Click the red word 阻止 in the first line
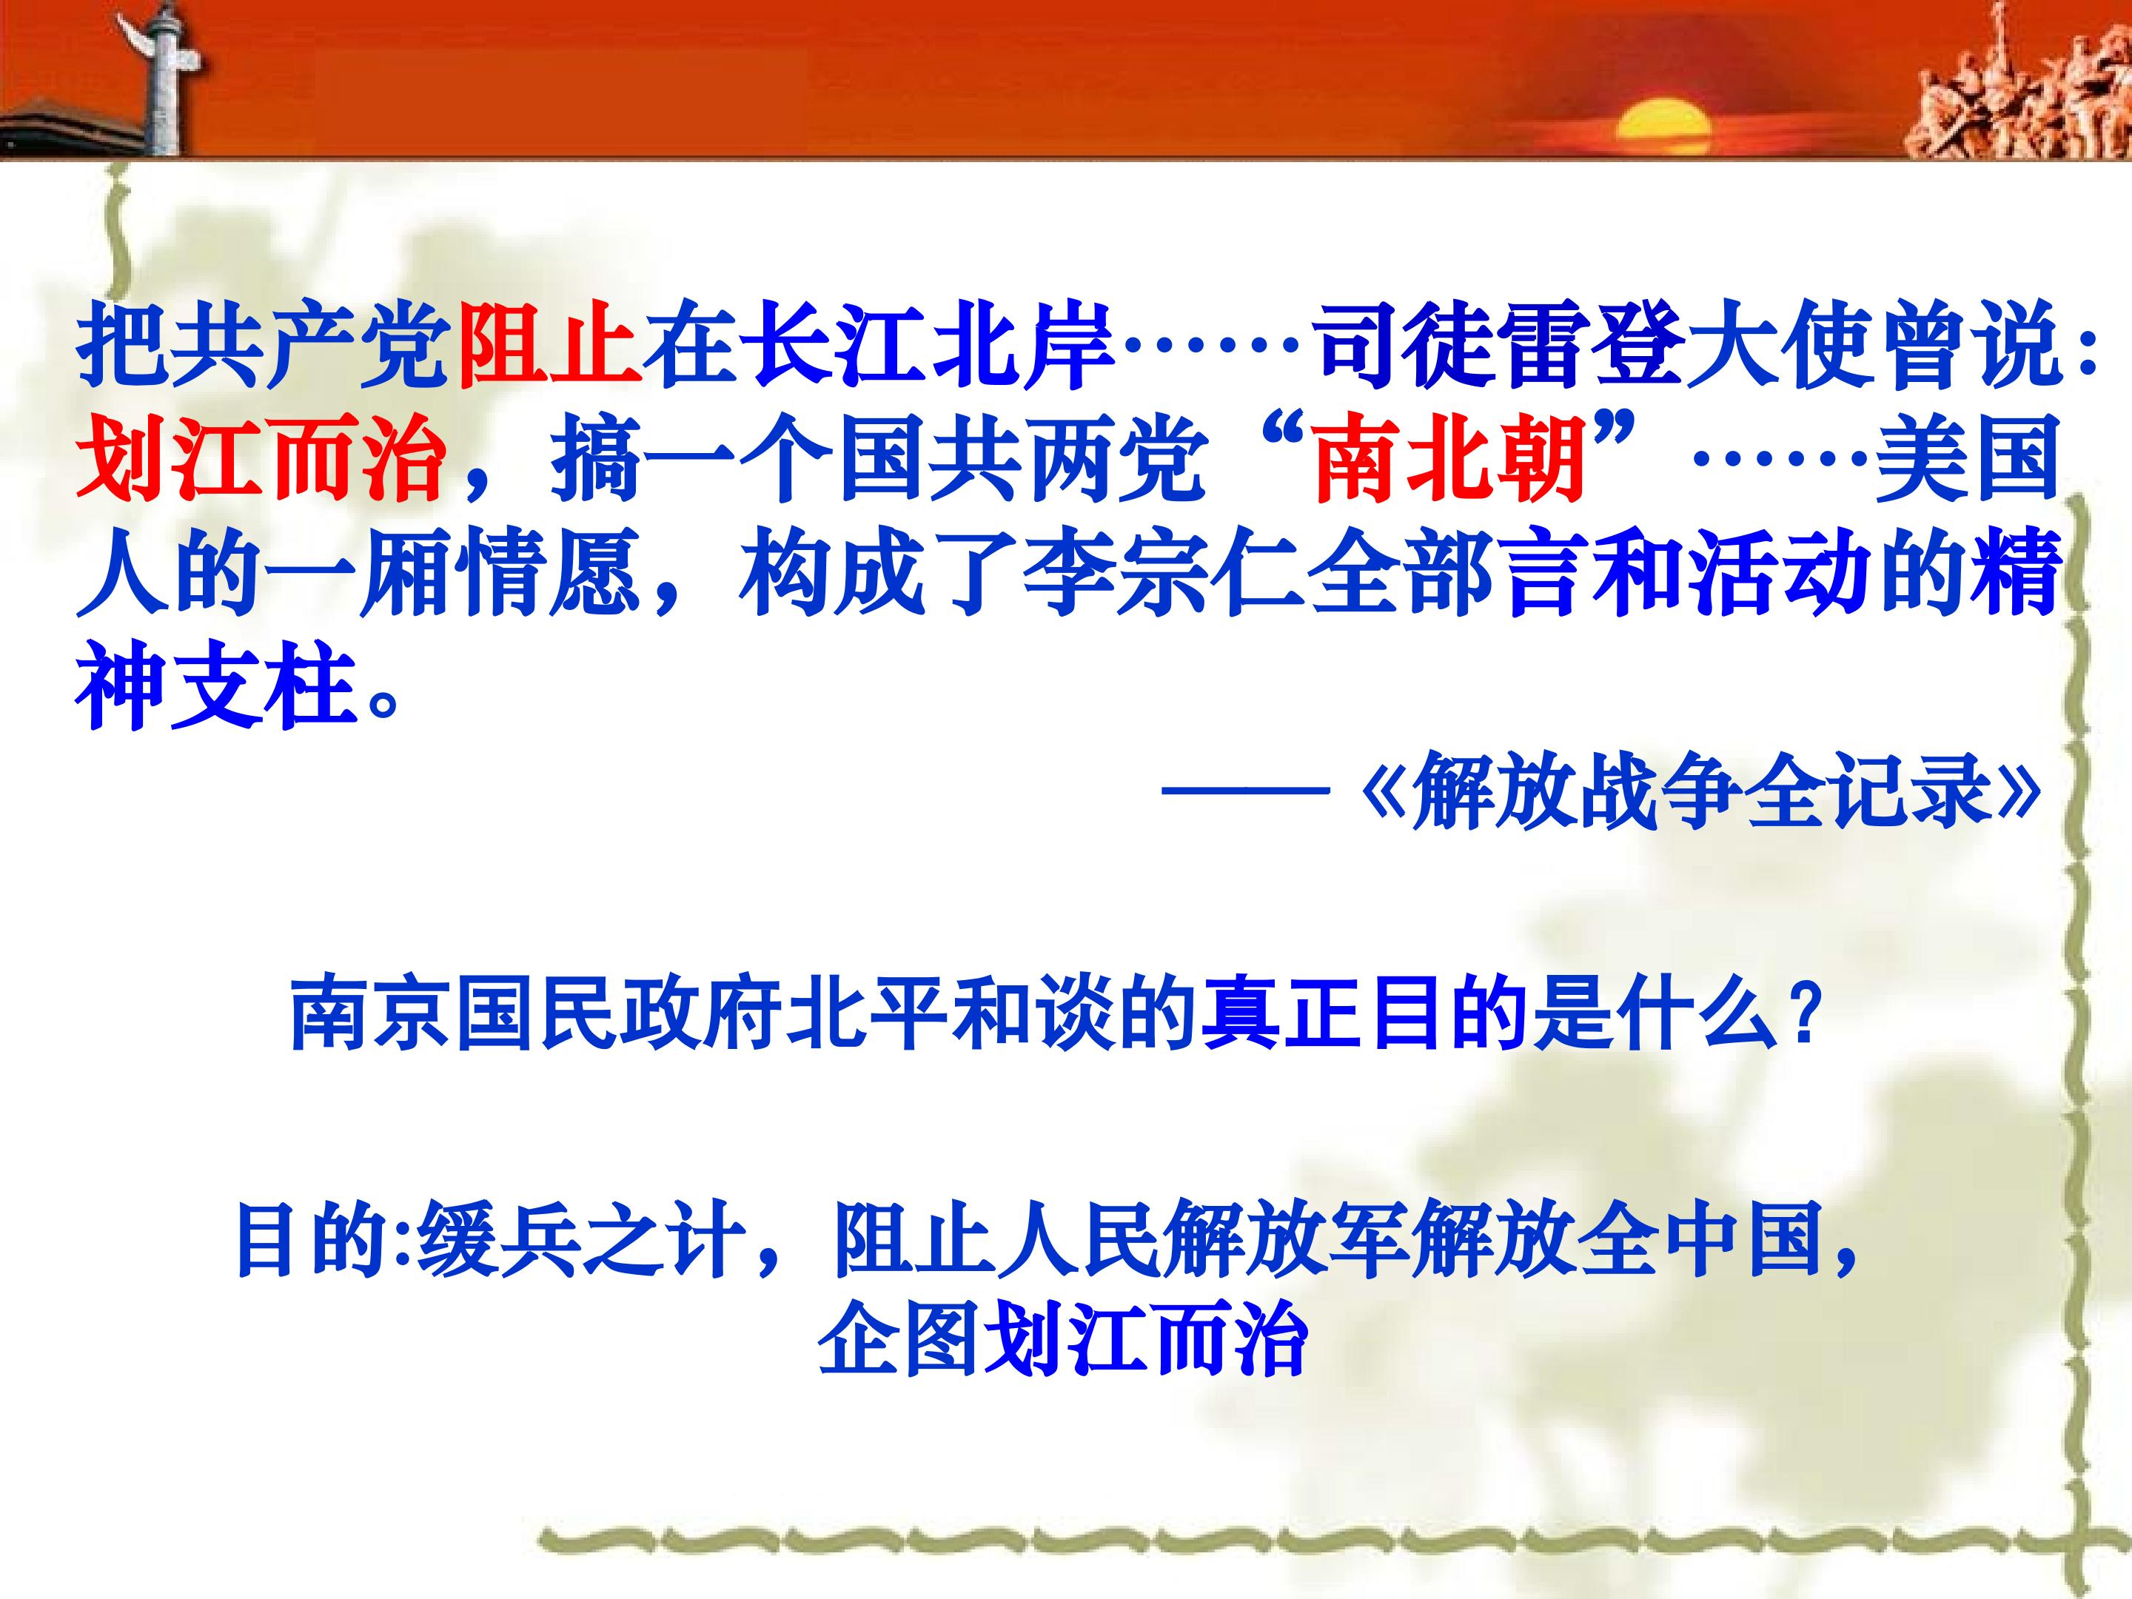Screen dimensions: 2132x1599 point(550,345)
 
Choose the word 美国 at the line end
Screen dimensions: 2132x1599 point(1966,457)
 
